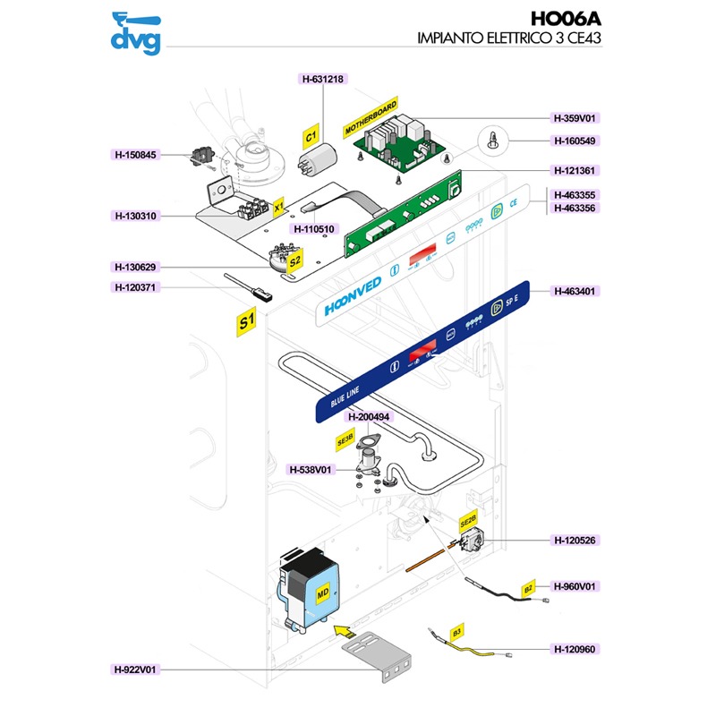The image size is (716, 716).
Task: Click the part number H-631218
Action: pos(322,79)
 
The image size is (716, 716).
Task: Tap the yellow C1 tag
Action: pos(311,137)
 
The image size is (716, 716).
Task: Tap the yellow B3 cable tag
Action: pos(456,633)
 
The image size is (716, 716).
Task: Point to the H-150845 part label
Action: pos(135,155)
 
